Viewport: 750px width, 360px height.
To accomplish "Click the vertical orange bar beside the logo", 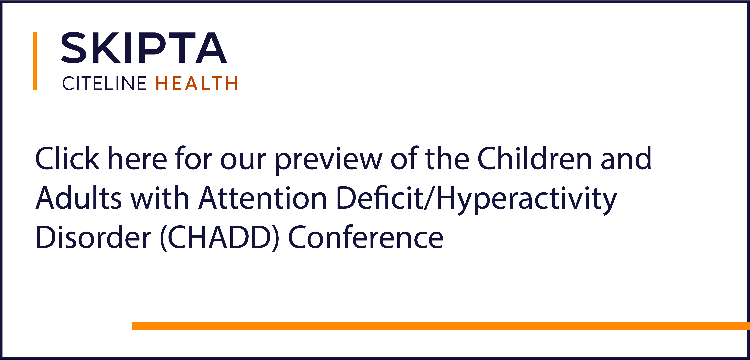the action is (x=35, y=61).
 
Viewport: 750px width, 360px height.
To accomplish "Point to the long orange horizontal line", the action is (x=441, y=326).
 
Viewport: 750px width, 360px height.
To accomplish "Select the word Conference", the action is (x=366, y=237).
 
